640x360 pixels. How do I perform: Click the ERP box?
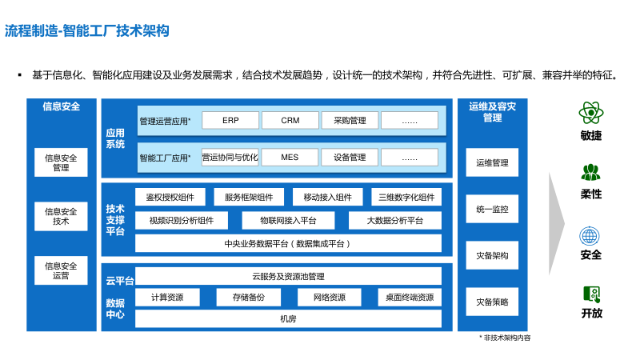tap(230, 121)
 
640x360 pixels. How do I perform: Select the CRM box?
tap(290, 121)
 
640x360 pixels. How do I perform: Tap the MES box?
tap(290, 158)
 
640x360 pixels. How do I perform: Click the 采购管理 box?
tap(350, 121)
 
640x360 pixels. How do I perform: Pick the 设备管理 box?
tap(350, 158)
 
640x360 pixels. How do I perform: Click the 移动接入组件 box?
tap(322, 198)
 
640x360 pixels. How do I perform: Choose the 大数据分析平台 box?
tap(394, 220)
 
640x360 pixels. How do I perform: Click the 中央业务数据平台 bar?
tap(288, 243)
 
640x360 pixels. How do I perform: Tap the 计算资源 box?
tap(167, 298)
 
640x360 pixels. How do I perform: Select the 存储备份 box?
tap(248, 298)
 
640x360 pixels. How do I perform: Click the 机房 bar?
tap(288, 318)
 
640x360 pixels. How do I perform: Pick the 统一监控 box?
tap(492, 210)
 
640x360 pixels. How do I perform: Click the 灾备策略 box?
tap(492, 302)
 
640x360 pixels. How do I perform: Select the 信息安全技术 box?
tap(61, 216)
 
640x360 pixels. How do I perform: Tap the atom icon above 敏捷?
tap(590, 111)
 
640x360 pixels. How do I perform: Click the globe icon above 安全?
tap(590, 236)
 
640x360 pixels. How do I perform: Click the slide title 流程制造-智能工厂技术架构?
tap(87, 31)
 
